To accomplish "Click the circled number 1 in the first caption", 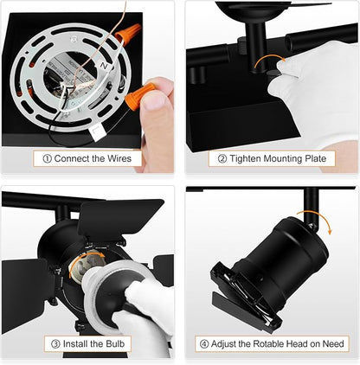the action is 47,159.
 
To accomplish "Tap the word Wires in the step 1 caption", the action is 119,158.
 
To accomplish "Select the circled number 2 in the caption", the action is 222,159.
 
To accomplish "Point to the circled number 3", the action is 55,344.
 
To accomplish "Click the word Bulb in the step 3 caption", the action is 115,343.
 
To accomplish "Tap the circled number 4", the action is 204,344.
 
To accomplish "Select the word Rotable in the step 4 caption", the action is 269,344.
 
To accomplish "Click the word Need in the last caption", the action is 333,344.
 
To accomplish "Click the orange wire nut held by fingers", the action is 140,95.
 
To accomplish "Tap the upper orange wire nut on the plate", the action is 128,34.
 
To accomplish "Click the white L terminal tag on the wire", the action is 98,131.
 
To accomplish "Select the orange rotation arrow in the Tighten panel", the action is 271,62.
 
